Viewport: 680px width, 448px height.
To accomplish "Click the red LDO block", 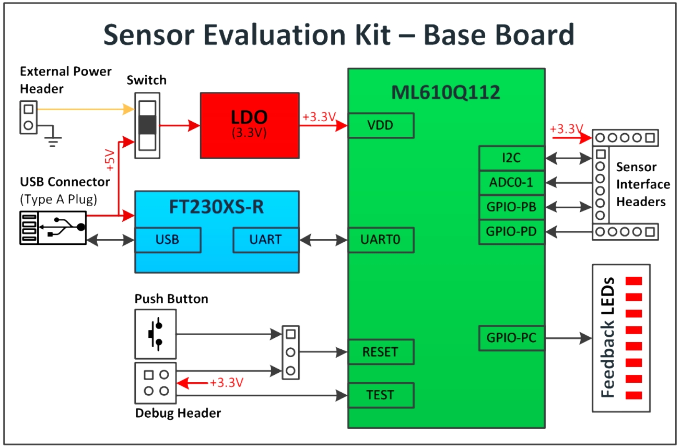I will [x=250, y=125].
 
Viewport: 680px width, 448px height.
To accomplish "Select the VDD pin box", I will [x=381, y=126].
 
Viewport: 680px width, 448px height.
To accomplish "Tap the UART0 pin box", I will [x=381, y=240].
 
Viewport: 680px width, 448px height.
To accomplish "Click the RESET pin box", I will [x=381, y=352].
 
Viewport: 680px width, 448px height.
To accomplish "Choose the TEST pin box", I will [x=381, y=395].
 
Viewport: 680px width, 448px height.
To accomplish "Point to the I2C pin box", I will [x=511, y=158].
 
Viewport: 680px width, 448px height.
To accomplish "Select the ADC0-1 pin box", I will [x=511, y=183].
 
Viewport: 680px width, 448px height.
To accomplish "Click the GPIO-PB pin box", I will [x=511, y=207].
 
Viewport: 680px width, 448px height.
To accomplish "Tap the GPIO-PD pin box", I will [x=511, y=232].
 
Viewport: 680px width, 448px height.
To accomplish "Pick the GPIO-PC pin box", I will [x=511, y=338].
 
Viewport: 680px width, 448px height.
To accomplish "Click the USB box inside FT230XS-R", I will [x=168, y=240].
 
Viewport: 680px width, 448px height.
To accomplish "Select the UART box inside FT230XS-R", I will [x=266, y=240].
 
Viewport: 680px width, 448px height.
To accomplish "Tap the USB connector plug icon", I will [x=53, y=227].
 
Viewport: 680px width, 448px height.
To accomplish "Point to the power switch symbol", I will [x=148, y=125].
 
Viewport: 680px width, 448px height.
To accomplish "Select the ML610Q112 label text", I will [x=445, y=92].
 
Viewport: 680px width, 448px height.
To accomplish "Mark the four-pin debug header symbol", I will [x=156, y=383].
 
